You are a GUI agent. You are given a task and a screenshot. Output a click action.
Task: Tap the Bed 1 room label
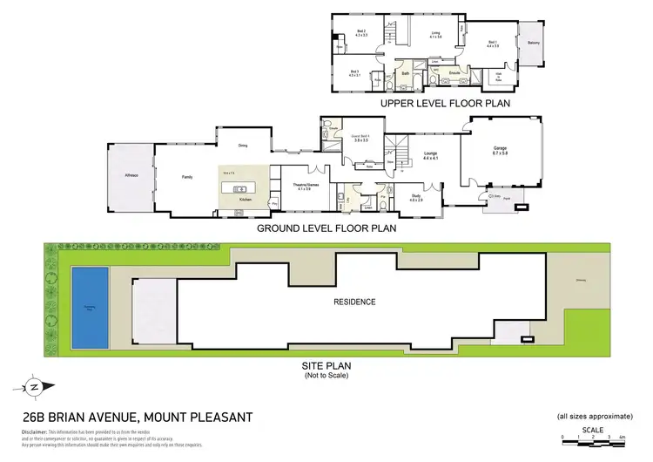point(492,42)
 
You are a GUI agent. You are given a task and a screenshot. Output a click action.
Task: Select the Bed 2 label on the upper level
point(361,32)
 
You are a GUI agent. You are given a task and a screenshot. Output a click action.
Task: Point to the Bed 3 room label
point(354,71)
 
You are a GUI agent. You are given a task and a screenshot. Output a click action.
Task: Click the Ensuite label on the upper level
point(454,71)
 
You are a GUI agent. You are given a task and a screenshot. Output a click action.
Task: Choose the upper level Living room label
point(436,33)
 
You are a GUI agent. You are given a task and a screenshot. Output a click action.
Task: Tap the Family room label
point(186,176)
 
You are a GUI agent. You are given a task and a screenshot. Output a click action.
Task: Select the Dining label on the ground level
point(245,146)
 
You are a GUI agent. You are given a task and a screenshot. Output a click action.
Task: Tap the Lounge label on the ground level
point(429,153)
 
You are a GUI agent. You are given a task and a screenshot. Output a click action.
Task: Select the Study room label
point(416,197)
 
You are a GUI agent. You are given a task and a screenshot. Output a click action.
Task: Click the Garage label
point(500,149)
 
